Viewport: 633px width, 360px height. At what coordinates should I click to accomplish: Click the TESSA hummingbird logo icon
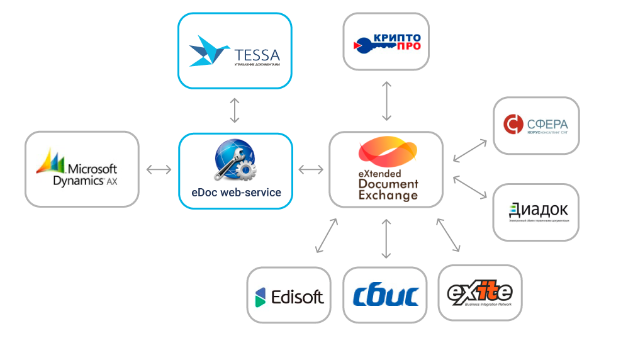tap(207, 50)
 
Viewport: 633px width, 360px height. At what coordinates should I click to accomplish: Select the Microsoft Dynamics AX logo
tap(82, 169)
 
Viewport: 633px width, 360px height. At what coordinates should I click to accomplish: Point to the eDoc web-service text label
tap(237, 193)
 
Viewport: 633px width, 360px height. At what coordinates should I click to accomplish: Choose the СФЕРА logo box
tap(535, 125)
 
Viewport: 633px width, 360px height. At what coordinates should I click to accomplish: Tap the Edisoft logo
tap(288, 295)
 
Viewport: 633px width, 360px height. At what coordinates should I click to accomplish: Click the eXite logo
tap(479, 293)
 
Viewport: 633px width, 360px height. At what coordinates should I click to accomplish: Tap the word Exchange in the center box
tap(388, 195)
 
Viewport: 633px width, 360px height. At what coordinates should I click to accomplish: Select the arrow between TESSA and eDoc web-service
tap(235, 110)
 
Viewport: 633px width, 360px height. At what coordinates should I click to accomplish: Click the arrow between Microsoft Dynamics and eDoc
tap(159, 169)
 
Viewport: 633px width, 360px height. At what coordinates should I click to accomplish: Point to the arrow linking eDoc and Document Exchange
tap(311, 169)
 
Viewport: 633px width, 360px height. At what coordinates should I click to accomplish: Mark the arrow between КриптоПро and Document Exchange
tap(386, 101)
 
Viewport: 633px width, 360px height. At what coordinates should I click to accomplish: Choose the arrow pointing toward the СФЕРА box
tap(469, 150)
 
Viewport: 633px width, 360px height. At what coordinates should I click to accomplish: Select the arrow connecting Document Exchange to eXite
tap(449, 235)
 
